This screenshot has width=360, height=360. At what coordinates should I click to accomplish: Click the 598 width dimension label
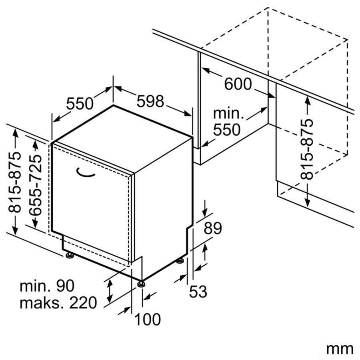point(150,101)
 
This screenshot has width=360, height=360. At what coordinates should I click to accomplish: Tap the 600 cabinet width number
point(238,84)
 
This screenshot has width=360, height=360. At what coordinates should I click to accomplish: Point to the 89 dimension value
point(213,228)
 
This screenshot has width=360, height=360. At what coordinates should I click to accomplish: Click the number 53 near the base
point(198,291)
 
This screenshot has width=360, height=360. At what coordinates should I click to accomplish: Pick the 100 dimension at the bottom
point(147,319)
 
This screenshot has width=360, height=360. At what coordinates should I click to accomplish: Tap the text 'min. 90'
point(47,286)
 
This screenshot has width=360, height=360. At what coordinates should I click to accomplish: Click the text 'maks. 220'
point(58,303)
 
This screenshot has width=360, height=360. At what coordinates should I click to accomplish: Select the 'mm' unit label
point(340,350)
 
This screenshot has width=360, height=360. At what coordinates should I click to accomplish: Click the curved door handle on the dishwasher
point(85,173)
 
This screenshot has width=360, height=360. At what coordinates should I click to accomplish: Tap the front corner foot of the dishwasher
point(141,284)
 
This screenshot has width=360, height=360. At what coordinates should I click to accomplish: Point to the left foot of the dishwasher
point(69,256)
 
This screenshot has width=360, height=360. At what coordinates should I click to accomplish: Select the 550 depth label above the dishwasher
point(80,104)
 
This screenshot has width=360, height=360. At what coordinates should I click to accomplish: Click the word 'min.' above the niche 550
point(228,114)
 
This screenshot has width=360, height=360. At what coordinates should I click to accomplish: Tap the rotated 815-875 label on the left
point(15,182)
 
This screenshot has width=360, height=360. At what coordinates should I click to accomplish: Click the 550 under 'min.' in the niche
point(227,130)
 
